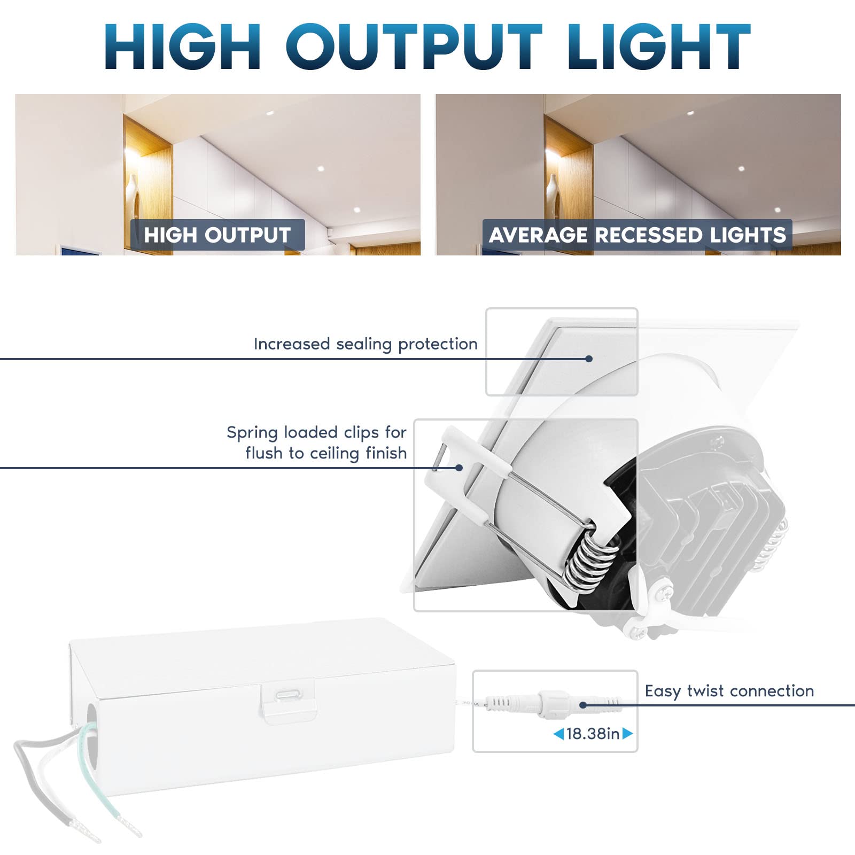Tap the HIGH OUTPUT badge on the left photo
(x=217, y=235)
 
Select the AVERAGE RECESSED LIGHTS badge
(x=637, y=235)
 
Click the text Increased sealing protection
(x=366, y=344)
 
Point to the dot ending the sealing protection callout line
(x=589, y=359)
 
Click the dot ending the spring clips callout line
(x=458, y=468)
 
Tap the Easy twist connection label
(x=729, y=691)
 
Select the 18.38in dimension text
(x=593, y=734)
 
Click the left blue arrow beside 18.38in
(x=558, y=734)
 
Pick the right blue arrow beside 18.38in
(x=627, y=734)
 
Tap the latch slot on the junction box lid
(x=289, y=695)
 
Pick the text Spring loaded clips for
(x=316, y=432)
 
